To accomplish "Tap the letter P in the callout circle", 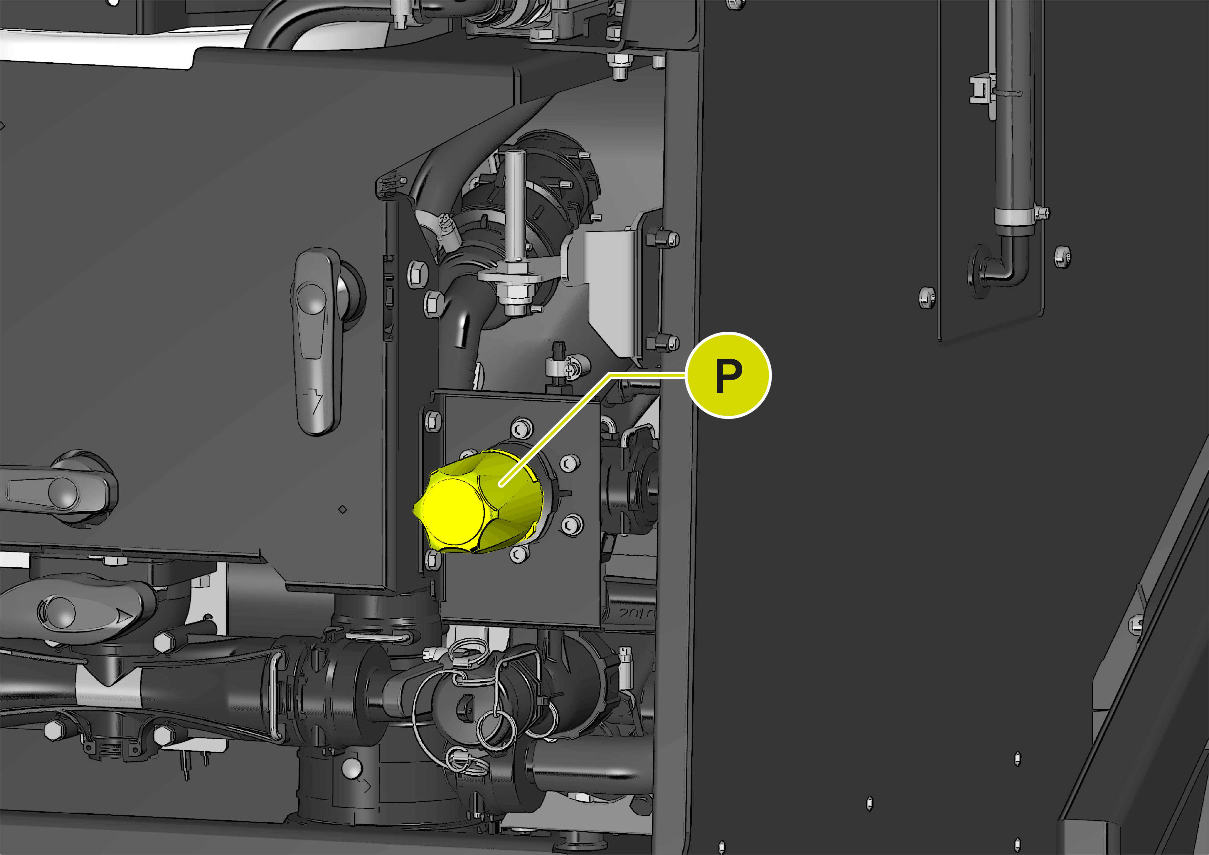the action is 729,376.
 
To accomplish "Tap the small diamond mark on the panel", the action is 342,509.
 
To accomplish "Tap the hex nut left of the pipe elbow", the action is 927,298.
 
